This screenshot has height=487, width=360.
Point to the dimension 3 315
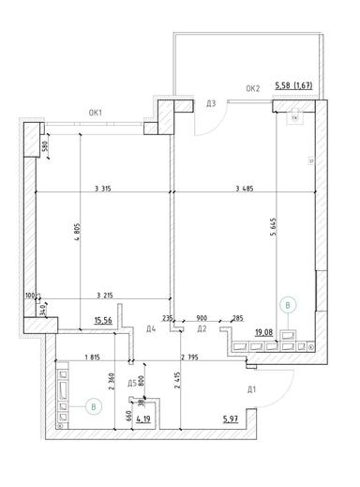pos(107,190)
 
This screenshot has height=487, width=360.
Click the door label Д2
pos(202,329)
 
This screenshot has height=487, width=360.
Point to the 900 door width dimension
pos(202,317)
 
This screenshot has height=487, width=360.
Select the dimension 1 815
pos(92,357)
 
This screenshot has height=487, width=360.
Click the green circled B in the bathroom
pos(92,405)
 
